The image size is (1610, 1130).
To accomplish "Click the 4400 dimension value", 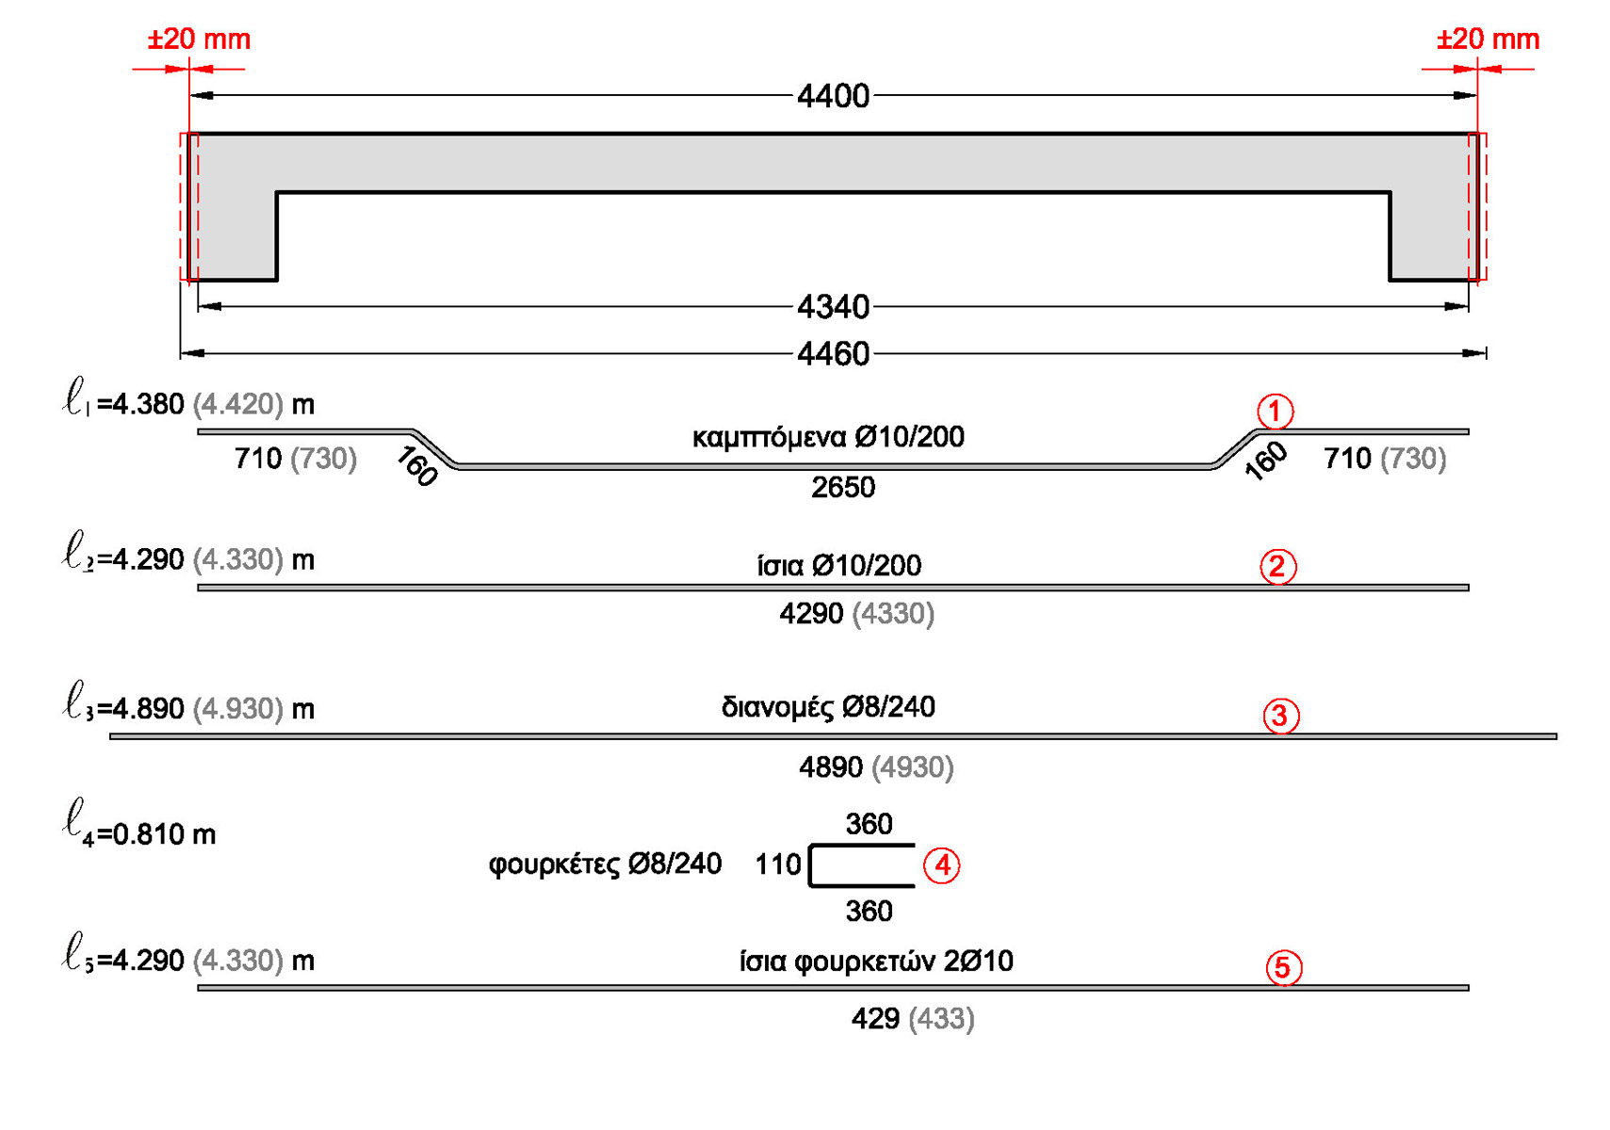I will click(x=832, y=96).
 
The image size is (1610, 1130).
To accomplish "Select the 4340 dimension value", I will click(x=832, y=307).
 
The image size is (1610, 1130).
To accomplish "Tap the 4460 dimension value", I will click(x=832, y=354).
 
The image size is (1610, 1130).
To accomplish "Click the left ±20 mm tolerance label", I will click(x=199, y=40).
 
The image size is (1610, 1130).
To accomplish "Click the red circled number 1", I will click(x=1275, y=412).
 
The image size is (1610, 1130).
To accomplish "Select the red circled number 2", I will click(x=1277, y=567).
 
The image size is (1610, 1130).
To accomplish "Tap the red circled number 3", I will click(x=1280, y=717).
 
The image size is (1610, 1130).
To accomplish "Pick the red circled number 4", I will click(x=941, y=865).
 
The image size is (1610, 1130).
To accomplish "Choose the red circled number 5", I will click(x=1283, y=968).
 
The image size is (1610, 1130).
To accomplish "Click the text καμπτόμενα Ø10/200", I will click(x=827, y=437).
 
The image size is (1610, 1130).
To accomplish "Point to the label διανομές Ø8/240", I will click(x=827, y=707).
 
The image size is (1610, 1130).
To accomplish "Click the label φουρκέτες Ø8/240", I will click(x=605, y=864).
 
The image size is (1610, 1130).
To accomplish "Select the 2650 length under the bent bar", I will click(x=842, y=488).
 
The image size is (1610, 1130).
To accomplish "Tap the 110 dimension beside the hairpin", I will click(x=777, y=864).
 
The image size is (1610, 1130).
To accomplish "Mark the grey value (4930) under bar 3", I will click(x=912, y=768).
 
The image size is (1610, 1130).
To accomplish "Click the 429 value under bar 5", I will click(x=874, y=1019).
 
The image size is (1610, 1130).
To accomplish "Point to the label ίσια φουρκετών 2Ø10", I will click(x=875, y=961).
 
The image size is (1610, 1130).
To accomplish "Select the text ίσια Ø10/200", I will click(x=838, y=566).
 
